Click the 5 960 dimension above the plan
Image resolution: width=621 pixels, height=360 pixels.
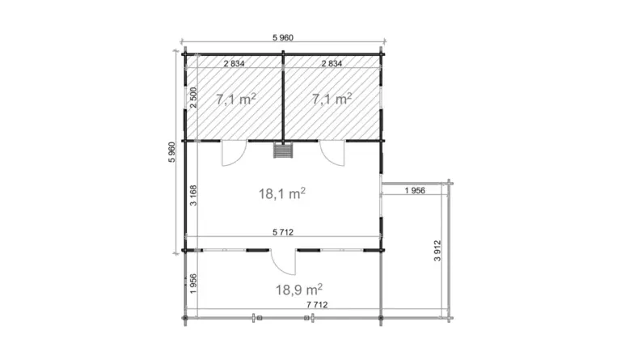coord(283,38)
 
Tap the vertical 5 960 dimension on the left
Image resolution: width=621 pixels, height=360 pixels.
coord(171,152)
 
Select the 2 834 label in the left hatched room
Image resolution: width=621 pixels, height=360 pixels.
coord(234,63)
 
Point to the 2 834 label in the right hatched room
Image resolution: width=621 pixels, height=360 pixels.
coord(332,63)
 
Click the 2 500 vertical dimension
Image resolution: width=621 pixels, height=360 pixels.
coord(193,97)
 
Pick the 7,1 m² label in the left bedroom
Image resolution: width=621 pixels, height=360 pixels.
coord(235,99)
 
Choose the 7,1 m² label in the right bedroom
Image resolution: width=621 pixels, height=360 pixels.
coord(332,99)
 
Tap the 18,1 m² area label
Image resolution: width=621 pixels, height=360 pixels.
coord(282,193)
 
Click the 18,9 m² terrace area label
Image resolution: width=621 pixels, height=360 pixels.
coord(299,290)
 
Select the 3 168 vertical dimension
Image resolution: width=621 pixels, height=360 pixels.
coord(193,195)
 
